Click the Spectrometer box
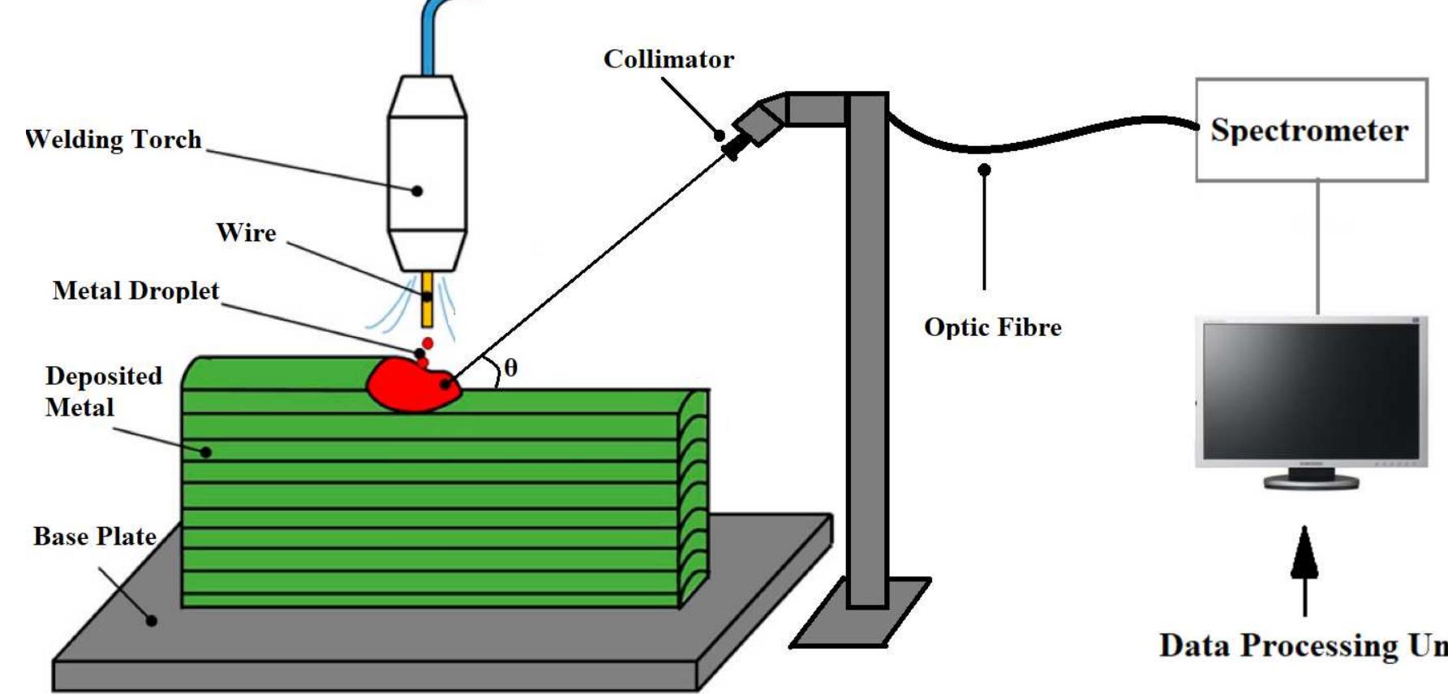click(1311, 130)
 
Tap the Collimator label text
click(668, 59)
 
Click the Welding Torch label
click(113, 140)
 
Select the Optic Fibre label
click(992, 327)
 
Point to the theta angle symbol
click(510, 368)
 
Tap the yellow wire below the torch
click(427, 299)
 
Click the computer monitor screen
click(1311, 390)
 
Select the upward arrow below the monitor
click(1304, 568)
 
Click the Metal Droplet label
click(135, 291)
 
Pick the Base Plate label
click(94, 537)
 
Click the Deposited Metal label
click(102, 391)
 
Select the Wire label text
click(246, 233)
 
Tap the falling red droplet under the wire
click(428, 343)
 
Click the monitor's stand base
click(1311, 481)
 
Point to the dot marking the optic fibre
click(984, 170)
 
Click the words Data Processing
click(1274, 645)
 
